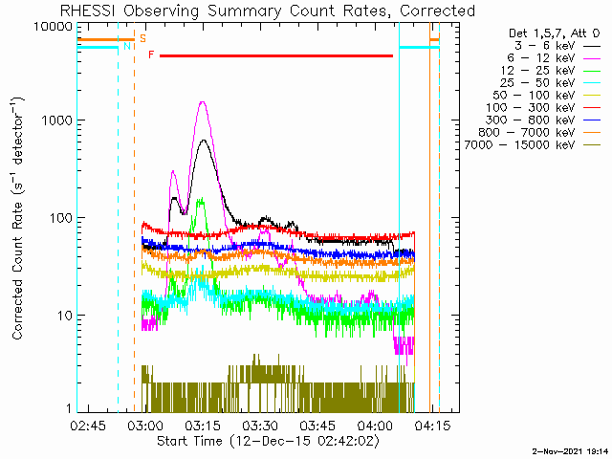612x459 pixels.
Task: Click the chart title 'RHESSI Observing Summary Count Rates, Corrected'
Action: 268,11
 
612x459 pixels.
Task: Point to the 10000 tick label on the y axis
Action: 53,27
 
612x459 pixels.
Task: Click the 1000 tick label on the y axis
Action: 57,120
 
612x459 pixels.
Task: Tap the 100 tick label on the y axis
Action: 61,218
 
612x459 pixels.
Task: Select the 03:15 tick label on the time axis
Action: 203,426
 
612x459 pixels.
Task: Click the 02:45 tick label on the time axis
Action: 88,426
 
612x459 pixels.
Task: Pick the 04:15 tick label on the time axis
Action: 432,426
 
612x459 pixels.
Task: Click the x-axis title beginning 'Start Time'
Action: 268,442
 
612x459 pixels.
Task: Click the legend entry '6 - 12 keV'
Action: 541,58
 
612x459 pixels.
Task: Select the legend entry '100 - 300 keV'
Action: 530,108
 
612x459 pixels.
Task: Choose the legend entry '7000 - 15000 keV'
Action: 519,145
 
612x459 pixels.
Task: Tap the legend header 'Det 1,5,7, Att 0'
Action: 554,33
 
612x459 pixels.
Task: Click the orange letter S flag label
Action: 142,38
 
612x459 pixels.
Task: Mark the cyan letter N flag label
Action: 127,47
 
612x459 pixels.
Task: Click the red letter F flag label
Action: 151,55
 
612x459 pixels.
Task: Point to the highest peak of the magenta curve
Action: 203,102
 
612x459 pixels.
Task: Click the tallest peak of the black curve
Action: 204,140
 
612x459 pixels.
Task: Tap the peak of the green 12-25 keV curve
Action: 201,199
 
